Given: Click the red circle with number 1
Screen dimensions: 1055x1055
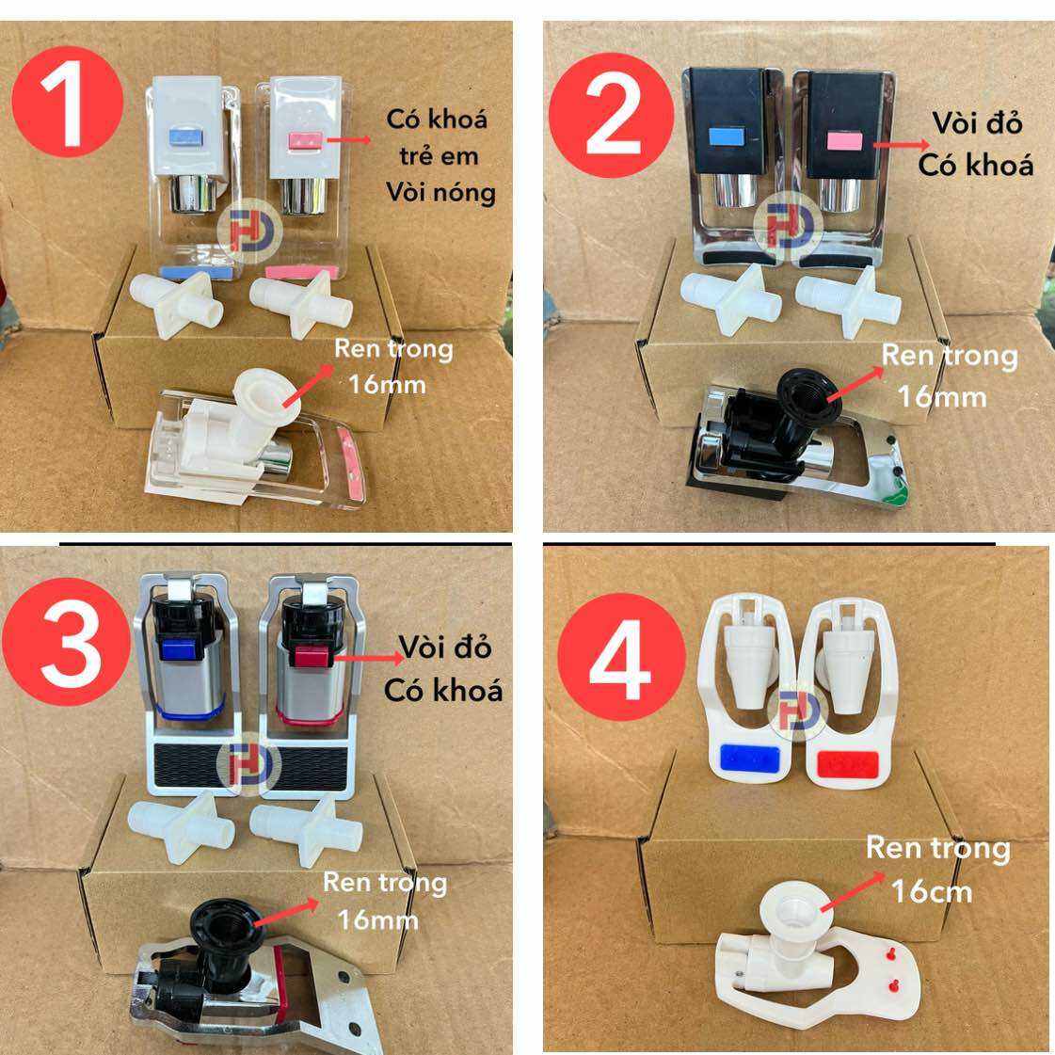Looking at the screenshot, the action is [67, 102].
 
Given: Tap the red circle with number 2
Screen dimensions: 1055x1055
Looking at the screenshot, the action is [611, 115].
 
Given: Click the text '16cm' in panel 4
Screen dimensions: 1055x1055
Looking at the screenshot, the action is [932, 892].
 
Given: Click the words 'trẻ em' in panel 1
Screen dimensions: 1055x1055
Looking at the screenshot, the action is [439, 156].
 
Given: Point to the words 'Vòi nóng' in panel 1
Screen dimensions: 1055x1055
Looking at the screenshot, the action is [440, 193].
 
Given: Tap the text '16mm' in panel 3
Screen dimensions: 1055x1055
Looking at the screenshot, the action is [378, 920].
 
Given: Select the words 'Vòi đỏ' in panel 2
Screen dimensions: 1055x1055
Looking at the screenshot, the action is [977, 123].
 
